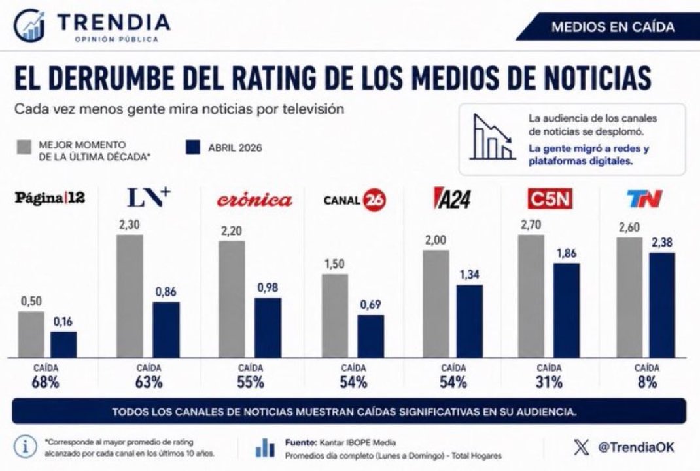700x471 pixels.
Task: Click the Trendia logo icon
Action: pos(29,26)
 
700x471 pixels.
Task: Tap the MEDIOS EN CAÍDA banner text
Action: pos(612,27)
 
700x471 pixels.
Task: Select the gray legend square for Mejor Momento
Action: pos(24,147)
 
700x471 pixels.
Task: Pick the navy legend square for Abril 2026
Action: pos(193,147)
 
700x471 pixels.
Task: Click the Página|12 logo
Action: pos(50,198)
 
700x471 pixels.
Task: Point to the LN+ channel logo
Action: pos(149,198)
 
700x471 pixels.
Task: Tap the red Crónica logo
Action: pos(254,200)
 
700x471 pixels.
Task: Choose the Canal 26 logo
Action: pos(355,200)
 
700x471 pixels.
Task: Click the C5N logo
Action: pos(550,199)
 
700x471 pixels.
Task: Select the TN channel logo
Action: pos(644,199)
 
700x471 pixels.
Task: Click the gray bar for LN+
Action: pos(130,296)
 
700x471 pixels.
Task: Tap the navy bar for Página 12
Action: pos(63,345)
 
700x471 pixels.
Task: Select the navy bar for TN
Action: pos(662,305)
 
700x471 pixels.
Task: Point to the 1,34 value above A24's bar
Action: pos(470,275)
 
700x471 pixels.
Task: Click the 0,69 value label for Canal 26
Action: pos(370,304)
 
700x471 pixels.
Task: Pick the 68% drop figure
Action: pos(46,383)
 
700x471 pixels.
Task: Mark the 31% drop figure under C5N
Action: pos(549,383)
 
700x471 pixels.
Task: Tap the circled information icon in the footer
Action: pos(26,446)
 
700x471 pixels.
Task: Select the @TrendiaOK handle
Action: pos(636,447)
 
